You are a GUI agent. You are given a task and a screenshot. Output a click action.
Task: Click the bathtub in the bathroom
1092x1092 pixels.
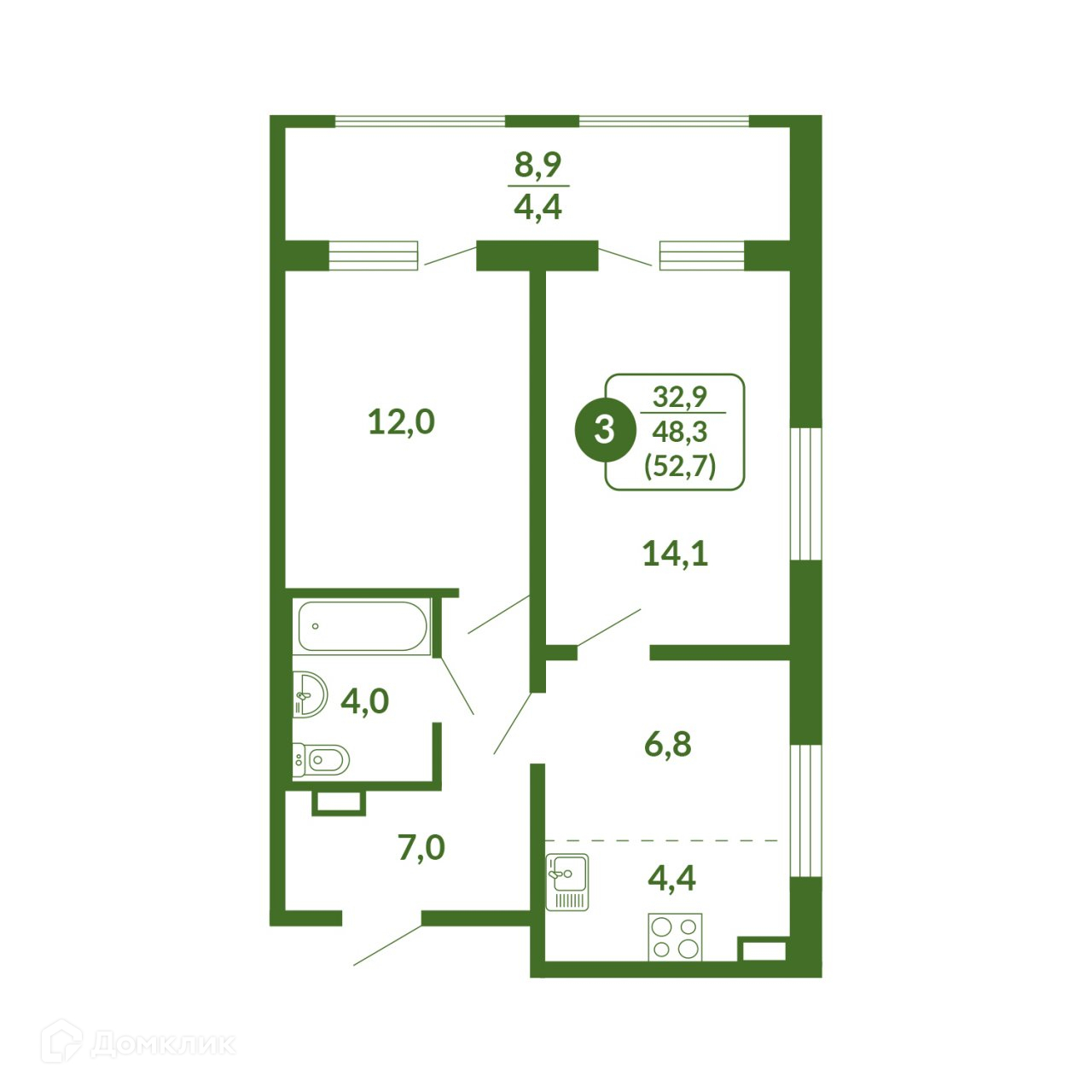pyautogui.click(x=363, y=626)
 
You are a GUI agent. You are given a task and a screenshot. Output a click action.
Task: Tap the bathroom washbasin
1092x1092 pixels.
pyautogui.click(x=310, y=694)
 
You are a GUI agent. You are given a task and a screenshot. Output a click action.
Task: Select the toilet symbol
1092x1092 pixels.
pyautogui.click(x=321, y=758)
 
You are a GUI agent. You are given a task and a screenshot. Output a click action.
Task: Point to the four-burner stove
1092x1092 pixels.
pyautogui.click(x=674, y=937)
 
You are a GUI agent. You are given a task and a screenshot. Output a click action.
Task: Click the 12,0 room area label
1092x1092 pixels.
pyautogui.click(x=401, y=422)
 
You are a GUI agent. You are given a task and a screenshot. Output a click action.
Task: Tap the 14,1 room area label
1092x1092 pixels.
pyautogui.click(x=675, y=554)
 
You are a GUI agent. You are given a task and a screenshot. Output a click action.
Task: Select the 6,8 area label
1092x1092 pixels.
pyautogui.click(x=667, y=744)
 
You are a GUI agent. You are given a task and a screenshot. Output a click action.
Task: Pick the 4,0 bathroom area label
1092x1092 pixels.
pyautogui.click(x=364, y=701)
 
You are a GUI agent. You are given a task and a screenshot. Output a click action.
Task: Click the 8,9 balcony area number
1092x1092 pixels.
pyautogui.click(x=537, y=165)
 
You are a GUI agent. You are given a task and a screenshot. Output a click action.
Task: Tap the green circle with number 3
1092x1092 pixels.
pyautogui.click(x=604, y=431)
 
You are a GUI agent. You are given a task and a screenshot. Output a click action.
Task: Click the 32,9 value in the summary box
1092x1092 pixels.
pyautogui.click(x=680, y=396)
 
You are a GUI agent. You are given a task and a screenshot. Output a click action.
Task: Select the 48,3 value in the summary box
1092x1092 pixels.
pyautogui.click(x=680, y=433)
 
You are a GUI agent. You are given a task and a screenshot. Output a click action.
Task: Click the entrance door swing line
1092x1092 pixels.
pyautogui.click(x=387, y=945)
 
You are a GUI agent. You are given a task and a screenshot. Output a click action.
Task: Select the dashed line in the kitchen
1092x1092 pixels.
pyautogui.click(x=661, y=840)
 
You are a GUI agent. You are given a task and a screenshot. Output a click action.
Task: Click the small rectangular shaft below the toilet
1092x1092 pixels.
pyautogui.click(x=339, y=803)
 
